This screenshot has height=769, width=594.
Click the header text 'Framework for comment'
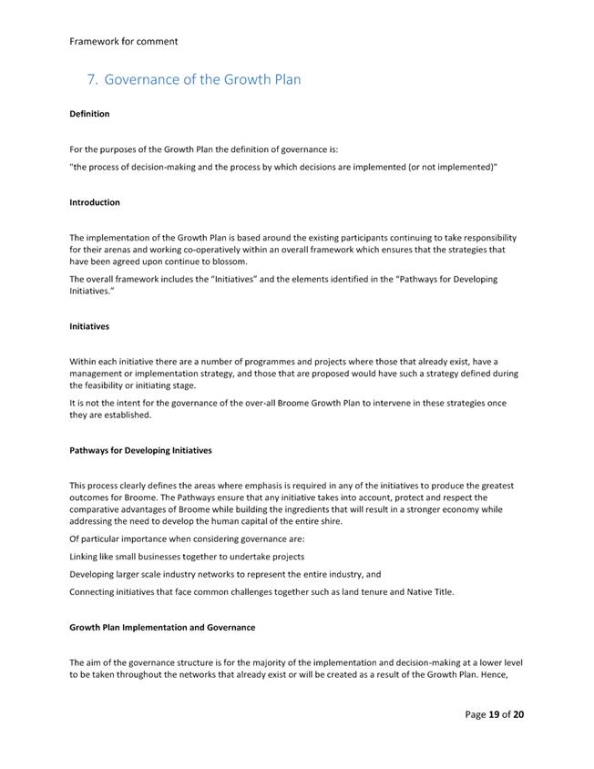[124, 41]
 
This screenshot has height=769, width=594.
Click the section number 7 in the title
[91, 79]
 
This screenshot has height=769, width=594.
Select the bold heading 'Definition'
[89, 114]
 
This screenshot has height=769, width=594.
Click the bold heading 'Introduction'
[95, 202]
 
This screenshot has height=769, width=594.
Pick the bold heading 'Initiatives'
[89, 325]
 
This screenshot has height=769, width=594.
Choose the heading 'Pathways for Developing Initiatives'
[140, 450]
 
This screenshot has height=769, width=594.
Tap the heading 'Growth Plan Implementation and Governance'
[162, 627]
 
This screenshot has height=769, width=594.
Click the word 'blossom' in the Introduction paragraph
[228, 261]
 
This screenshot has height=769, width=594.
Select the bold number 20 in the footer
[517, 714]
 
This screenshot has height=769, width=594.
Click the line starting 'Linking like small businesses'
[187, 556]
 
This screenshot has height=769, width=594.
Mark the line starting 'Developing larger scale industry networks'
[225, 574]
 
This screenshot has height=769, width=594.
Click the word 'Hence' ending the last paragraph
[506, 674]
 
